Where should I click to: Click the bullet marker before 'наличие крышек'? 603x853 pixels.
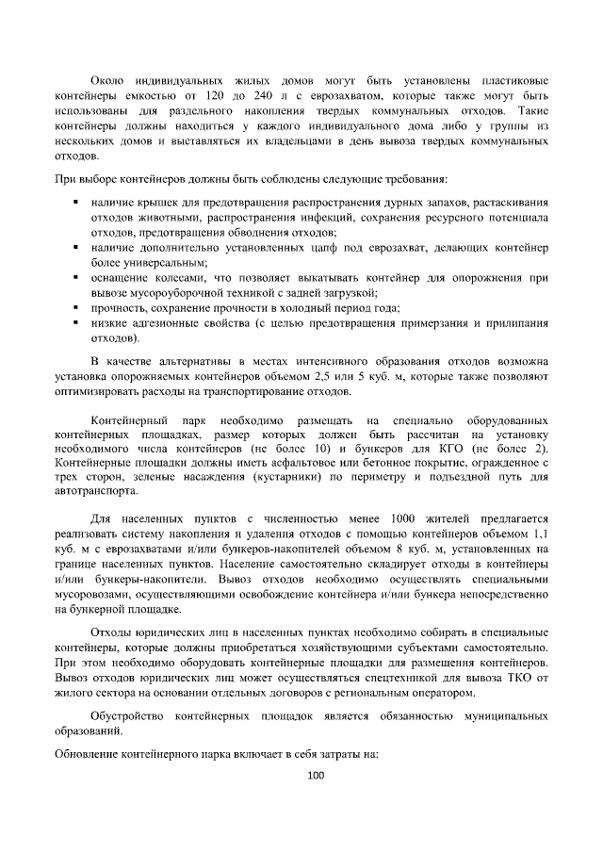point(74,203)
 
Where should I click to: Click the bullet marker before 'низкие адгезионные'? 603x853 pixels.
point(74,323)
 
